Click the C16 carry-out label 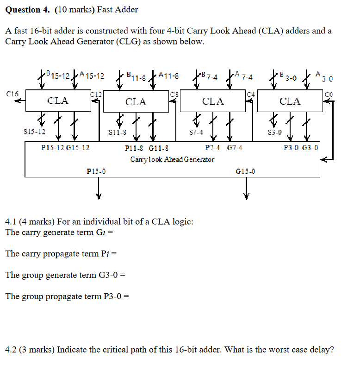(12, 94)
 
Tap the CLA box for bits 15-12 (58, 101)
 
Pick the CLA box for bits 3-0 (290, 101)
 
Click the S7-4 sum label (196, 132)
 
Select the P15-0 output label (96, 171)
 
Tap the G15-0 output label (245, 171)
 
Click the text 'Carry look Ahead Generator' (172, 159)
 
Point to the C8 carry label (174, 94)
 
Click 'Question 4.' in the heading (27, 10)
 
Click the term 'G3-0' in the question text (108, 275)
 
